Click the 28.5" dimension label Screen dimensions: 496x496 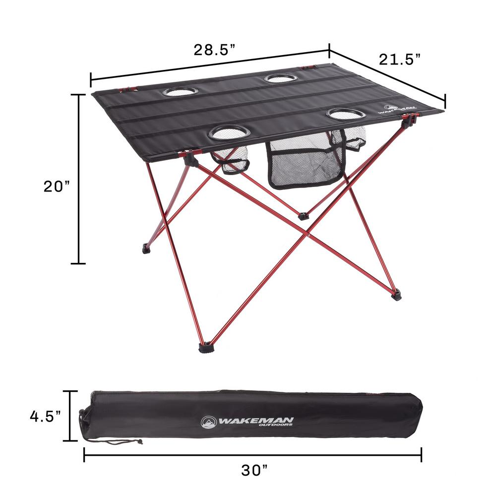(214, 51)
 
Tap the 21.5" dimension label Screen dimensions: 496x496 (400, 60)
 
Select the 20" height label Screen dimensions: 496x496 (55, 187)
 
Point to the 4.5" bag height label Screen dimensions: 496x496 (45, 416)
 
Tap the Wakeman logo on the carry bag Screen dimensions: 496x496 (248, 422)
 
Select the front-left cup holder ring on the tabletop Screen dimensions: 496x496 (229, 132)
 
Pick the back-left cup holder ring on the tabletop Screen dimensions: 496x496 (180, 92)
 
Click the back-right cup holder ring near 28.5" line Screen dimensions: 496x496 (281, 78)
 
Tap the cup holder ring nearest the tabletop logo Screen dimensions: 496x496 (346, 114)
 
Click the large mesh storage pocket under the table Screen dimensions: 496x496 (304, 161)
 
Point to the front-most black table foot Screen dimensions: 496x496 (204, 347)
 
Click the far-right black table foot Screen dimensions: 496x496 (396, 296)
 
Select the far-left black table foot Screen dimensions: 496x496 (146, 248)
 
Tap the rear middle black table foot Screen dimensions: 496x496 (304, 216)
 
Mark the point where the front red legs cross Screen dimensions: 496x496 (309, 232)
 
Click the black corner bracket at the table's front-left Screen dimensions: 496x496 (190, 159)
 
